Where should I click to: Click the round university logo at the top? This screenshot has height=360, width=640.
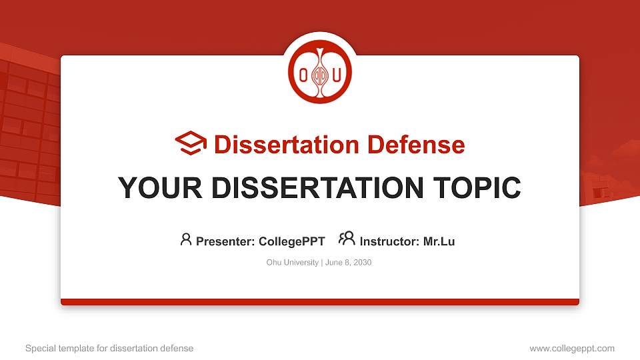click(320, 72)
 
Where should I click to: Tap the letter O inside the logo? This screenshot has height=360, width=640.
click(303, 75)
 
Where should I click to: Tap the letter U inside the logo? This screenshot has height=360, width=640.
click(337, 75)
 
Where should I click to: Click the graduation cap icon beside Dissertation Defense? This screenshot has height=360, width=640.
click(191, 143)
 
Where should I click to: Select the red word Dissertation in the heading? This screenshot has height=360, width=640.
click(287, 145)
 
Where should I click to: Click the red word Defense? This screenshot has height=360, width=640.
click(416, 145)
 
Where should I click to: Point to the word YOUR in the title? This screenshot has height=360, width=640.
click(160, 188)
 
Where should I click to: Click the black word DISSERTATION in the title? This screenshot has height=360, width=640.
click(317, 188)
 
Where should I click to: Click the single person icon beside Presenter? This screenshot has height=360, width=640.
click(186, 239)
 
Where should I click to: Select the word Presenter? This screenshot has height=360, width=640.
click(225, 241)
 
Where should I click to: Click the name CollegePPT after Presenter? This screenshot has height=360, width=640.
click(292, 241)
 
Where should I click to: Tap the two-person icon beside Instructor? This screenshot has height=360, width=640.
click(347, 239)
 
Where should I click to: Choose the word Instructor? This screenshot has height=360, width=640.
click(389, 241)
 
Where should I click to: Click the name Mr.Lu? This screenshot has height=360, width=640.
click(439, 241)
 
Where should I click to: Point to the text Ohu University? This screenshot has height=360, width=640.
click(292, 263)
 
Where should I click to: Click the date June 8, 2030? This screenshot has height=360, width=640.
click(348, 263)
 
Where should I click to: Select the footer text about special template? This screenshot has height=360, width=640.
click(109, 348)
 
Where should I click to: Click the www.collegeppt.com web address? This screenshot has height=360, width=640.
click(572, 348)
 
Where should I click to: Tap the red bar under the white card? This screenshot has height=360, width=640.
click(320, 302)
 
